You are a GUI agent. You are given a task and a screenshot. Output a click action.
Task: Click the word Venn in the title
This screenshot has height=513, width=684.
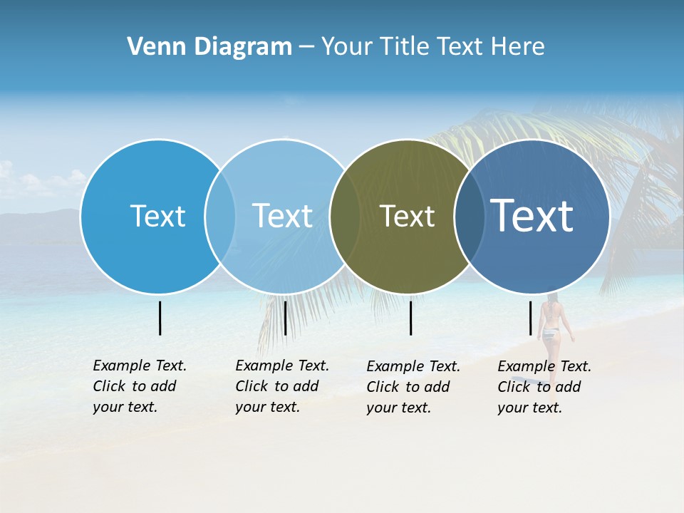point(152,47)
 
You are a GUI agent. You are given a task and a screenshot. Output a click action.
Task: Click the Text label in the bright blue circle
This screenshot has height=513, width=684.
point(157,216)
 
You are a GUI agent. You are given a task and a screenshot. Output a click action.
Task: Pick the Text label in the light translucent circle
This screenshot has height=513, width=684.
point(282,216)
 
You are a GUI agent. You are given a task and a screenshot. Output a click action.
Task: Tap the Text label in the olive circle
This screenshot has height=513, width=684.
point(407,216)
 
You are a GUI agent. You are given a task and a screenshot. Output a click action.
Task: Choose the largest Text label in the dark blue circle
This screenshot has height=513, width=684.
point(532,215)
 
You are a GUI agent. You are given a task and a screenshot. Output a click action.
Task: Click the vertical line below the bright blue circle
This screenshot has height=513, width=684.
point(160,318)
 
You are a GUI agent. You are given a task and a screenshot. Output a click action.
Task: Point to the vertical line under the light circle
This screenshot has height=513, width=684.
point(285,318)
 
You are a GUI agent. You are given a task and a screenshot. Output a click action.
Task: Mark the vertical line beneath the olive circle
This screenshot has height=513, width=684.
point(410,318)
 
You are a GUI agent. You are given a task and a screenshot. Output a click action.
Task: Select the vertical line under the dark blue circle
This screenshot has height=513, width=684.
point(530,318)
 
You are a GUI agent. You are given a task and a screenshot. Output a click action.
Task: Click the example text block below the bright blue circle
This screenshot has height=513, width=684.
point(139,386)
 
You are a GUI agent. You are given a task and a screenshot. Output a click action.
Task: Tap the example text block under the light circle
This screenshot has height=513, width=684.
point(281,386)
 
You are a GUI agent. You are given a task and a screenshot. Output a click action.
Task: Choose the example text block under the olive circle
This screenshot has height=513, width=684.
point(413,387)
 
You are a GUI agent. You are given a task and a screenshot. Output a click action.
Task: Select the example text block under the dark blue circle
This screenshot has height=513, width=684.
point(544,387)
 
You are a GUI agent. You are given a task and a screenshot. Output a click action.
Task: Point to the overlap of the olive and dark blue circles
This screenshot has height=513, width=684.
point(467,216)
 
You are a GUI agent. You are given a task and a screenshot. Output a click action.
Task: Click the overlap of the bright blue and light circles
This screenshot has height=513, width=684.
point(220,216)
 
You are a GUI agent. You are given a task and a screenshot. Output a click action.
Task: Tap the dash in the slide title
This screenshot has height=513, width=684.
point(306,47)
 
